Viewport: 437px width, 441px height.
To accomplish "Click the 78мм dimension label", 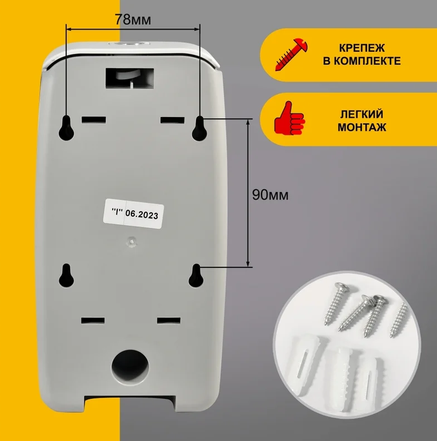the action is pyautogui.click(x=133, y=19).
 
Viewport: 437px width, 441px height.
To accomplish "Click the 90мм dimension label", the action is pyautogui.click(x=270, y=195).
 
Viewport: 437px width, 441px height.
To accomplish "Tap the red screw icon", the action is pyautogui.click(x=292, y=54).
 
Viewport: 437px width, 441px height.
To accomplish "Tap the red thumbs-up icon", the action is pyautogui.click(x=289, y=118).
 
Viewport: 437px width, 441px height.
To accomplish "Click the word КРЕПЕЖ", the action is pyautogui.click(x=361, y=48).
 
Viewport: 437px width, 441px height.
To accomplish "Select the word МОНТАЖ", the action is pyautogui.click(x=362, y=128).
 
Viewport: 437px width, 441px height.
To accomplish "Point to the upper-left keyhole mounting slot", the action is pyautogui.click(x=66, y=128).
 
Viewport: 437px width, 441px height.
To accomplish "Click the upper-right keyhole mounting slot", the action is pyautogui.click(x=200, y=128).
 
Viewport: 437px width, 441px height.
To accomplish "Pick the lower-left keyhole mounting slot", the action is pyautogui.click(x=66, y=276).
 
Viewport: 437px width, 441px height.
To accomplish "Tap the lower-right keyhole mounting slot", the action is pyautogui.click(x=196, y=276).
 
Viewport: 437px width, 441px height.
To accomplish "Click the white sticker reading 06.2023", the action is pyautogui.click(x=133, y=214).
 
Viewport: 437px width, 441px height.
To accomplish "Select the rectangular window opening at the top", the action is pyautogui.click(x=129, y=78).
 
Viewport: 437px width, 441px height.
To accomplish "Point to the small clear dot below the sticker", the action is pyautogui.click(x=132, y=240).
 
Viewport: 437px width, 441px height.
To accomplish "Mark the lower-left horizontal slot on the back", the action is pyautogui.click(x=93, y=321).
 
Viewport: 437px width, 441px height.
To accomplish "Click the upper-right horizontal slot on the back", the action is pyautogui.click(x=172, y=120).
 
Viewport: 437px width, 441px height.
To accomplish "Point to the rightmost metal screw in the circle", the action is pyautogui.click(x=399, y=320).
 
